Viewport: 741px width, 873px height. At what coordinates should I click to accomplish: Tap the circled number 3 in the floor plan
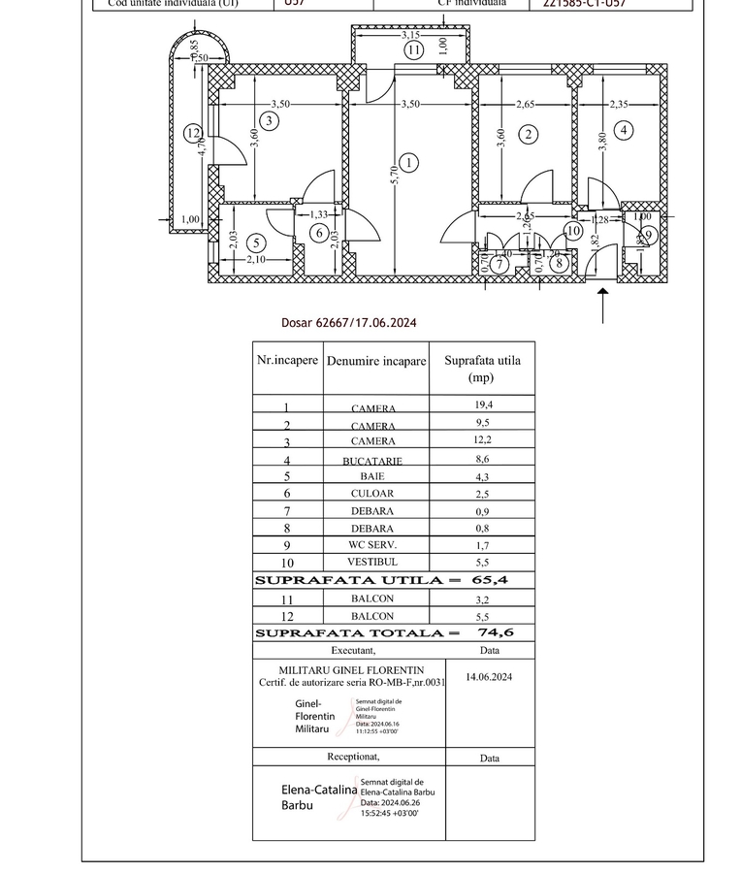270,120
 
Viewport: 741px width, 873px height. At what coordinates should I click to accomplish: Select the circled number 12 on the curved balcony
193,134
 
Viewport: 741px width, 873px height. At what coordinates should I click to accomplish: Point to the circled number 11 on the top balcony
414,50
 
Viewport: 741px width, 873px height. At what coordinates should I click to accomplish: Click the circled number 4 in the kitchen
625,130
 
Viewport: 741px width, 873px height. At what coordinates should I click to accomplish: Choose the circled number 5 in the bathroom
256,242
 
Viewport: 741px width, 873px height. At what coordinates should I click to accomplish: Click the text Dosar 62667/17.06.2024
349,323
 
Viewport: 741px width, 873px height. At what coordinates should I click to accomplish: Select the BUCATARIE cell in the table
372,462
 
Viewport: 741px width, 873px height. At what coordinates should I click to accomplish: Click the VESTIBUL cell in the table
372,563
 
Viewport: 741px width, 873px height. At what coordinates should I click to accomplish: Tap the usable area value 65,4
490,580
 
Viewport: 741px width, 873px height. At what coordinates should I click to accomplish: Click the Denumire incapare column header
376,361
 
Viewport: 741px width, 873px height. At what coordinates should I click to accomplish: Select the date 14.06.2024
489,677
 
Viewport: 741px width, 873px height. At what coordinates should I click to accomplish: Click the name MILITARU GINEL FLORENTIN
351,670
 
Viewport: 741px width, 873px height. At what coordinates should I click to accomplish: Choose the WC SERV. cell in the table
372,545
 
